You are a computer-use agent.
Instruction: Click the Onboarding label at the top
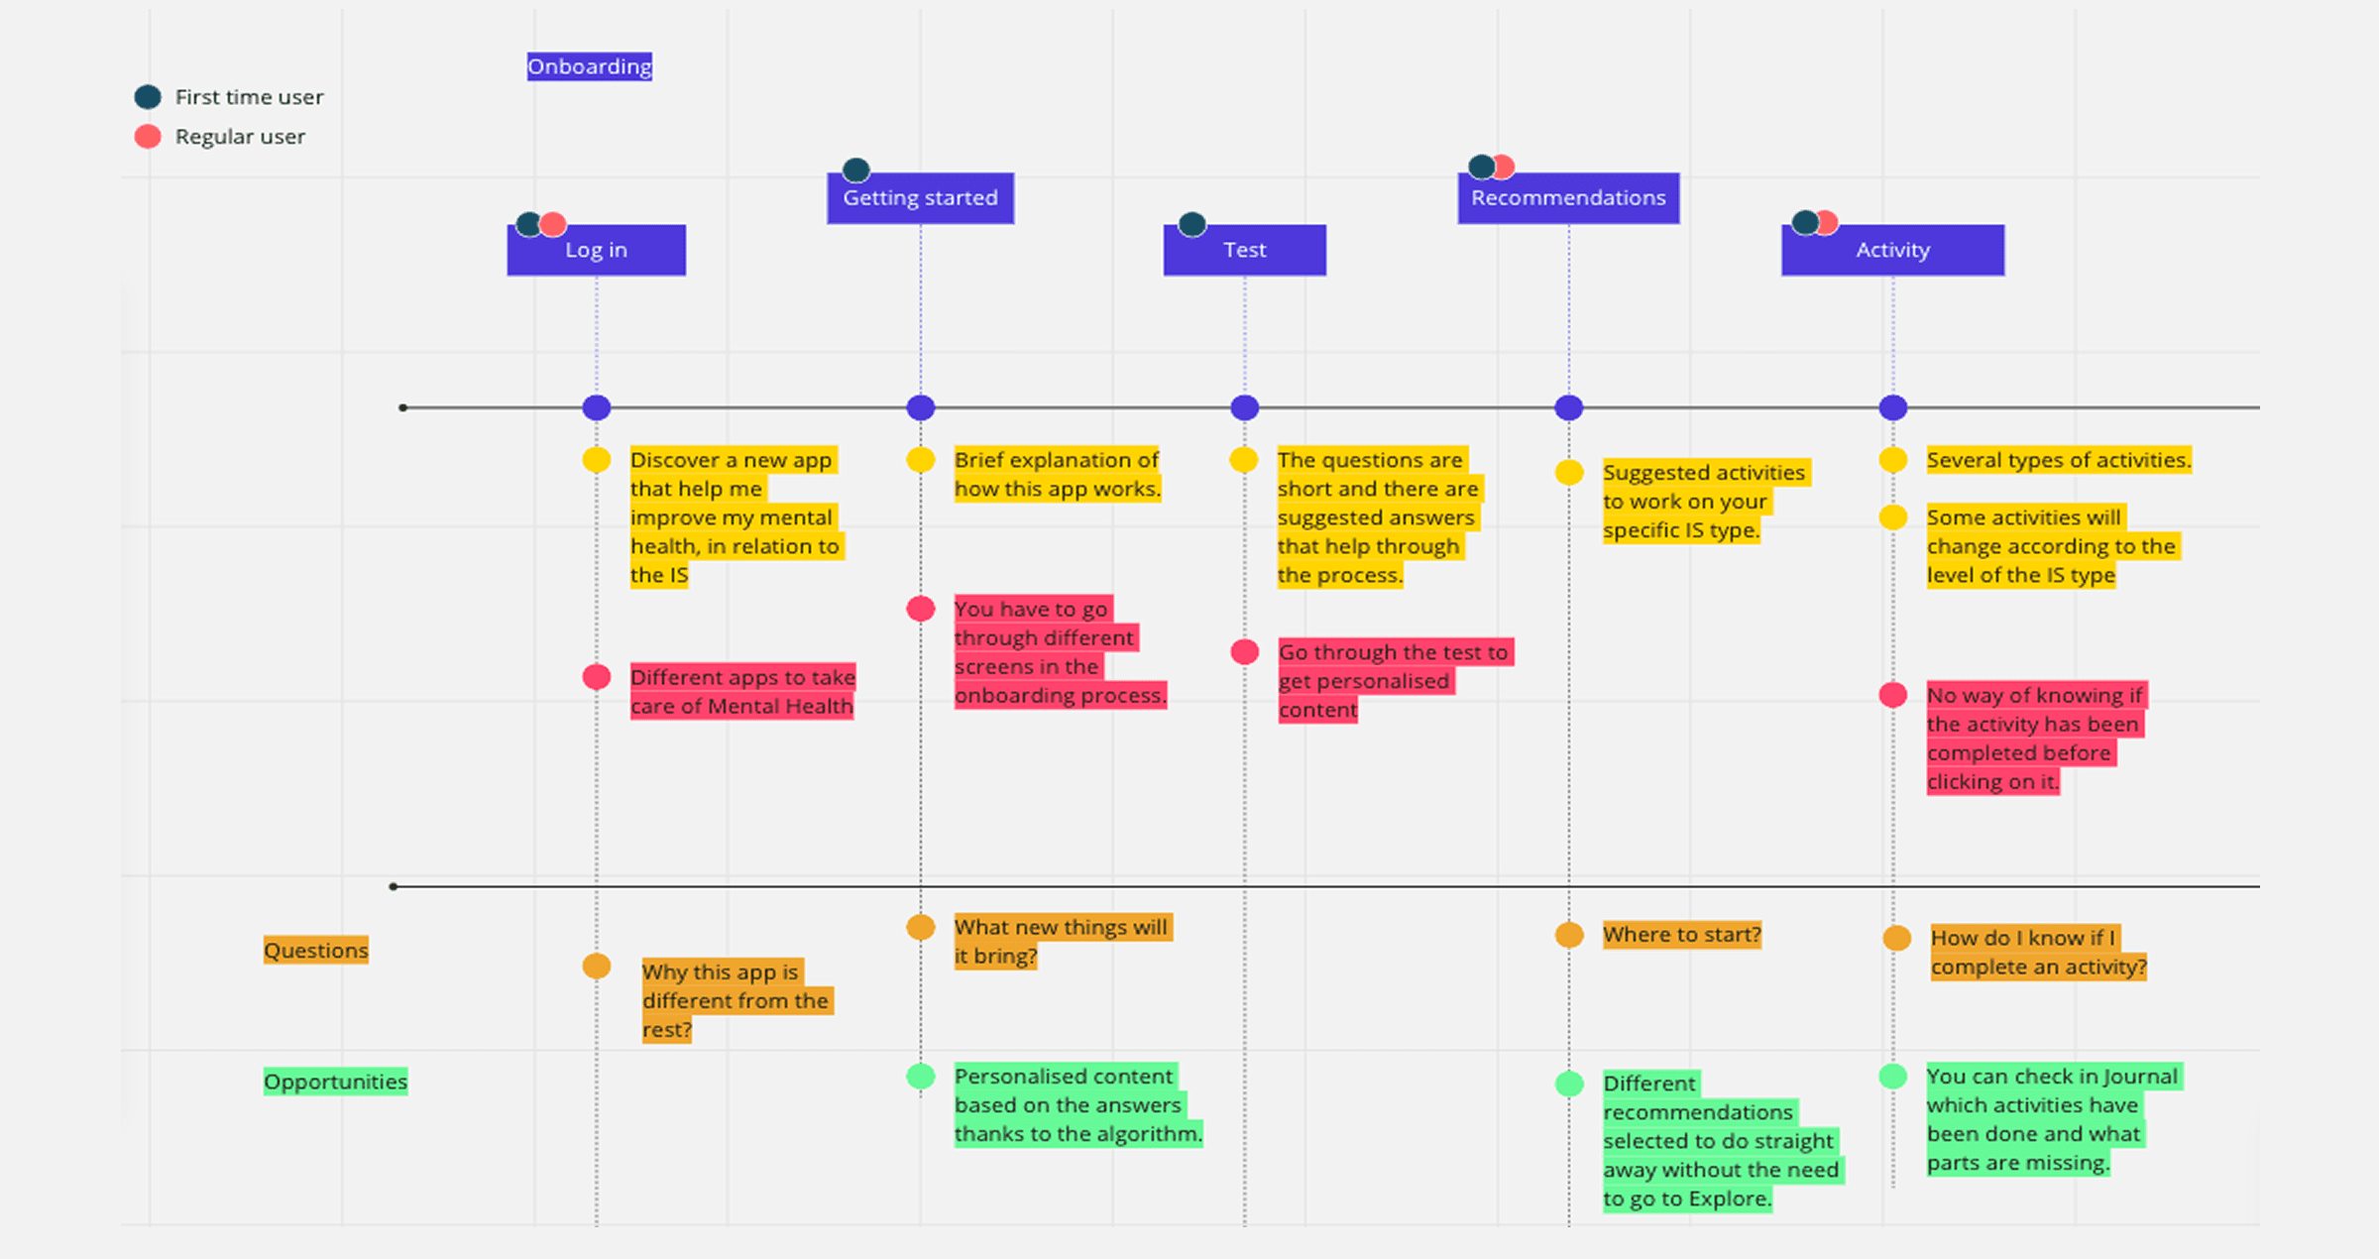[x=589, y=66]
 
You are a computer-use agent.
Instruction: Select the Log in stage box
[x=596, y=250]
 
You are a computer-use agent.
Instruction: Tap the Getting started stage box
[x=920, y=198]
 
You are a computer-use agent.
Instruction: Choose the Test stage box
[x=1244, y=250]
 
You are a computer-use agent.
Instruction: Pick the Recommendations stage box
[x=1568, y=198]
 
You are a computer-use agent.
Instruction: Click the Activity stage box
[x=1892, y=250]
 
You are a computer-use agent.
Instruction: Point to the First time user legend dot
[x=148, y=97]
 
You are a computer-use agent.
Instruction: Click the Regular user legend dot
[x=148, y=137]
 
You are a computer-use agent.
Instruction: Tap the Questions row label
[x=315, y=950]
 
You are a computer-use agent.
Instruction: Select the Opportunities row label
[x=335, y=1082]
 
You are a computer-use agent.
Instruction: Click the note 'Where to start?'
[x=1681, y=935]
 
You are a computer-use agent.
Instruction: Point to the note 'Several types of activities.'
[x=2058, y=460]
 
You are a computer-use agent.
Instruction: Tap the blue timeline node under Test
[x=1244, y=407]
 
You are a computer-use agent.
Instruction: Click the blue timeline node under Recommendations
[x=1568, y=407]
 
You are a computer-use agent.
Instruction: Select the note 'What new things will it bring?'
[x=1061, y=941]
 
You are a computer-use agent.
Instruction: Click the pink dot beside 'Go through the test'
[x=1244, y=652]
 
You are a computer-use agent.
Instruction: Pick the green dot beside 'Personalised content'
[x=920, y=1077]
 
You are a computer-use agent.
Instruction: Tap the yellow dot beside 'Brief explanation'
[x=920, y=460]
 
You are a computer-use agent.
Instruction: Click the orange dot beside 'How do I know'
[x=1896, y=938]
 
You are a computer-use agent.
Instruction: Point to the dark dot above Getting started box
[x=855, y=171]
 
